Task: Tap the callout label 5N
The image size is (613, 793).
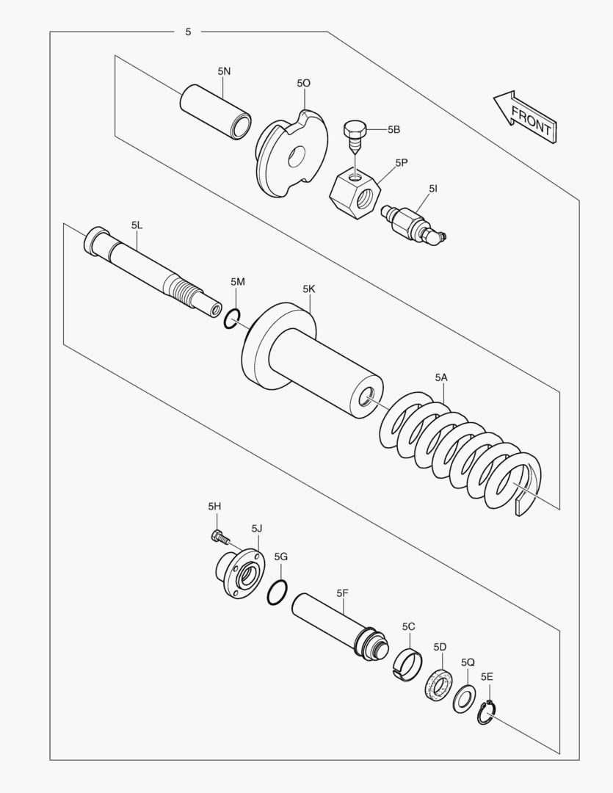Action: click(224, 71)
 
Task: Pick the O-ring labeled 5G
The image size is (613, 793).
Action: click(278, 593)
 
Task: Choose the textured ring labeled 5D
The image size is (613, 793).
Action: click(438, 685)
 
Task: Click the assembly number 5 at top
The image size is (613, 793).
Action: click(188, 32)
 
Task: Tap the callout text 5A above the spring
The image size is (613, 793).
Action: click(441, 378)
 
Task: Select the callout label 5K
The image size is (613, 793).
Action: click(309, 289)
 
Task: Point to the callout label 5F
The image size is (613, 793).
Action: click(342, 593)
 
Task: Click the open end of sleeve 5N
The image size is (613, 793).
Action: click(241, 126)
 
